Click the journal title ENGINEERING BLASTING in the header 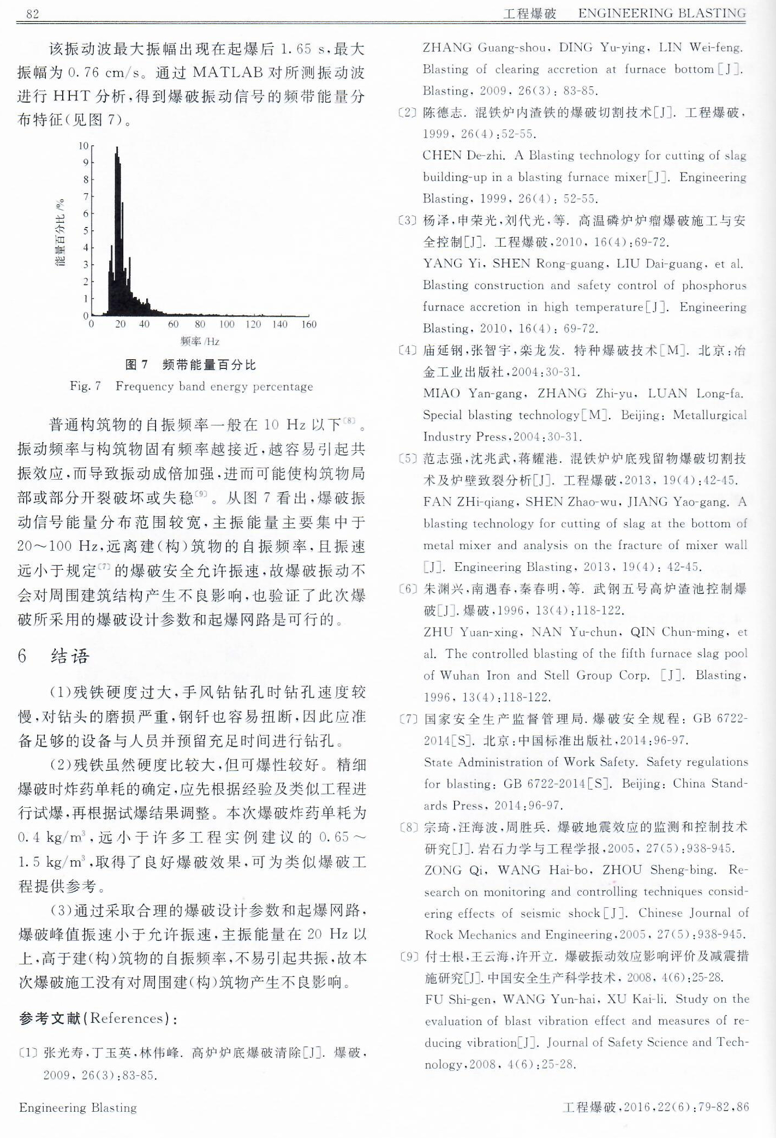point(661,13)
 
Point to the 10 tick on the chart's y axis point(83,146)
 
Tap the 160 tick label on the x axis point(309,324)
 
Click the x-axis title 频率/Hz point(200,342)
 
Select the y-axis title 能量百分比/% point(61,233)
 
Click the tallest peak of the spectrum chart point(116,148)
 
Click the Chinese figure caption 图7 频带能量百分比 point(190,365)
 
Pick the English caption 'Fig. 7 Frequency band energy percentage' point(191,387)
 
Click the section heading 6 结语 point(53,656)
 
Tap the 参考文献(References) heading point(98,1018)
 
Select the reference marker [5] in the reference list point(407,458)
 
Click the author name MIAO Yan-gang point(474,394)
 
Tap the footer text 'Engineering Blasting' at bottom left point(78,1107)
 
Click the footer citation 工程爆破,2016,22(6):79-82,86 point(655,1107)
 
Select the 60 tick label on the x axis point(173,324)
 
